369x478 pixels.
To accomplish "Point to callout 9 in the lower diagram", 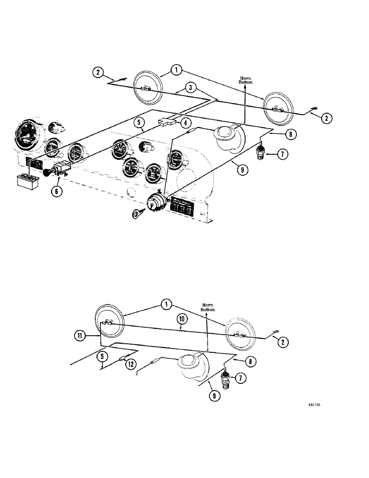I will coord(214,396).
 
